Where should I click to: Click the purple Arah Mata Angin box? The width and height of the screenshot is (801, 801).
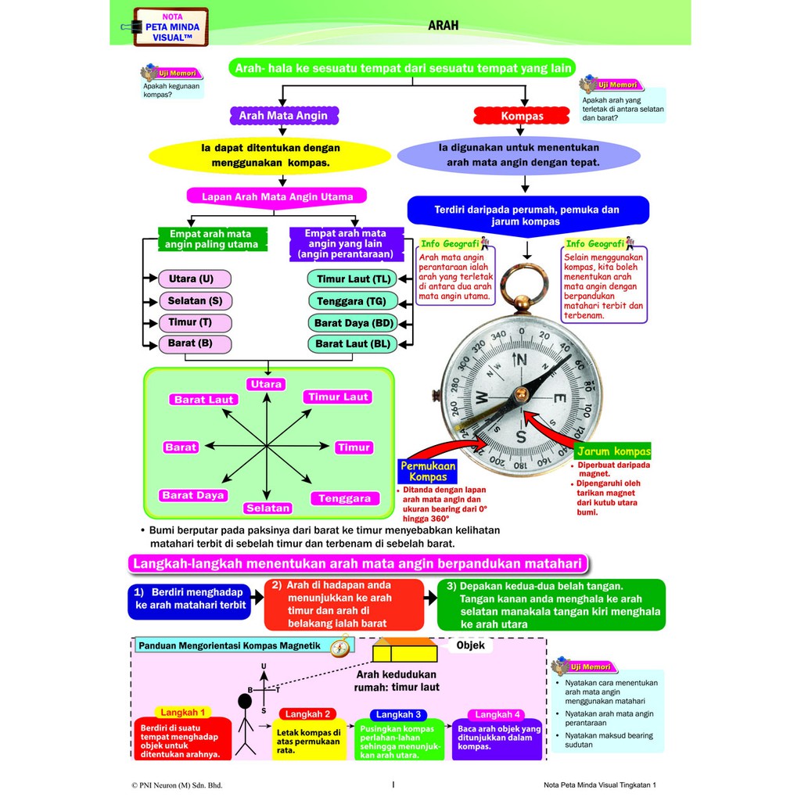coord(283,116)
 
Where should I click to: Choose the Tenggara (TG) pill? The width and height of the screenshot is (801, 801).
coord(352,301)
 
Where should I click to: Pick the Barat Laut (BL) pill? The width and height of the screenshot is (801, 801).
coord(352,343)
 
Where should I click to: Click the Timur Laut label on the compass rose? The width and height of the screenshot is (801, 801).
coord(338,397)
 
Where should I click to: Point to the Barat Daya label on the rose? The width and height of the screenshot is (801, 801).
coord(193,495)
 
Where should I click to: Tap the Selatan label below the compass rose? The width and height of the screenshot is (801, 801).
coord(268,508)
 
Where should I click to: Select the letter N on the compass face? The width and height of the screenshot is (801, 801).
coord(521,360)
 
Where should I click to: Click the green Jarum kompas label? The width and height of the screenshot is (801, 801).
coord(612,452)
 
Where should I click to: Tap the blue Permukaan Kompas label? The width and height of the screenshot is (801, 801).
coord(428,471)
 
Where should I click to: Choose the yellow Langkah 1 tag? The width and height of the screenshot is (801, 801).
coord(183,713)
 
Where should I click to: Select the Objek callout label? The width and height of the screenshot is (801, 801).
coord(471,645)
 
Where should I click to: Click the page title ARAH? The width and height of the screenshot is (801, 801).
coord(443,25)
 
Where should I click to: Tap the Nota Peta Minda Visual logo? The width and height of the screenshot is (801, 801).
coord(171,27)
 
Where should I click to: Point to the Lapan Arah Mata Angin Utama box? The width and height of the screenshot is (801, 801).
coord(278,197)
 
